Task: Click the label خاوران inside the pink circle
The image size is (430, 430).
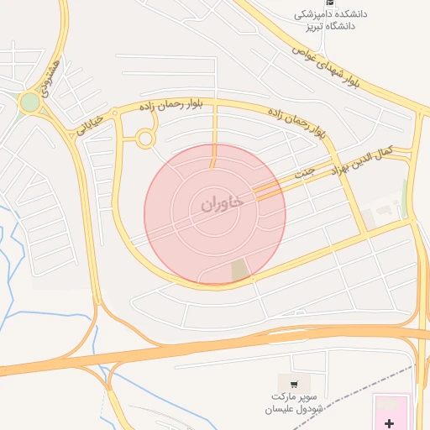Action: [x=222, y=203]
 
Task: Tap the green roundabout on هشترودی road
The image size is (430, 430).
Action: [x=30, y=102]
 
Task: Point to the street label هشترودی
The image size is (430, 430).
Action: [x=52, y=76]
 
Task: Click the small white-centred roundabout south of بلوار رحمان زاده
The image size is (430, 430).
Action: [x=146, y=139]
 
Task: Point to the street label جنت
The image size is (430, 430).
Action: [x=304, y=172]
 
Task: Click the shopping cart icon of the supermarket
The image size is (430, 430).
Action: [x=293, y=383]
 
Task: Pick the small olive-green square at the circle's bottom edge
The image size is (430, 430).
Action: [x=240, y=270]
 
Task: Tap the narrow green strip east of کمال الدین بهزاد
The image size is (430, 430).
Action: [x=405, y=198]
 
